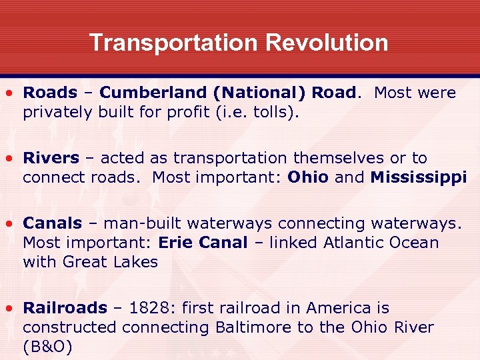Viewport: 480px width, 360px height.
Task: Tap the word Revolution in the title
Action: point(327,43)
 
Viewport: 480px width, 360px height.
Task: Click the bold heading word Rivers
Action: point(51,158)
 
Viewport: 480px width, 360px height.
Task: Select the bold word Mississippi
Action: point(419,177)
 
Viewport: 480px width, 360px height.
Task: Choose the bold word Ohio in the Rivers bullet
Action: point(308,177)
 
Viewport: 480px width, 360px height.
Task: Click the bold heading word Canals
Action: point(52,223)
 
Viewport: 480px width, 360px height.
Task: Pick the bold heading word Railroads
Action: point(65,308)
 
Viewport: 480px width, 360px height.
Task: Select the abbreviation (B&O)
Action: point(47,347)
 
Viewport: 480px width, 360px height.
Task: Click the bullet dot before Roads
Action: point(10,93)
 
